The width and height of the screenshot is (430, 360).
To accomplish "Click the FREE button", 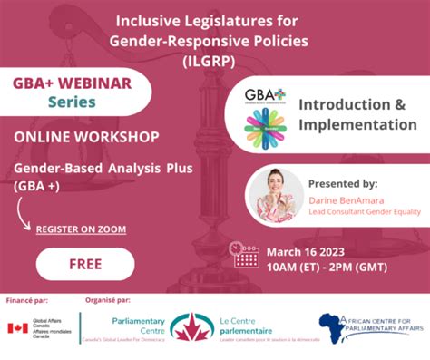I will (84, 265).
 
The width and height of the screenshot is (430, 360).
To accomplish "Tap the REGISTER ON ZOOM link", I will (81, 229).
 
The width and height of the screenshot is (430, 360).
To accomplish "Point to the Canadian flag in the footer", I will (17, 328).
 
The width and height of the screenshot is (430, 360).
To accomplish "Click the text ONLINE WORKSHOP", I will (86, 137).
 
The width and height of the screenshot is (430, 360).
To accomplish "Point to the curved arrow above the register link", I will (23, 212).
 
